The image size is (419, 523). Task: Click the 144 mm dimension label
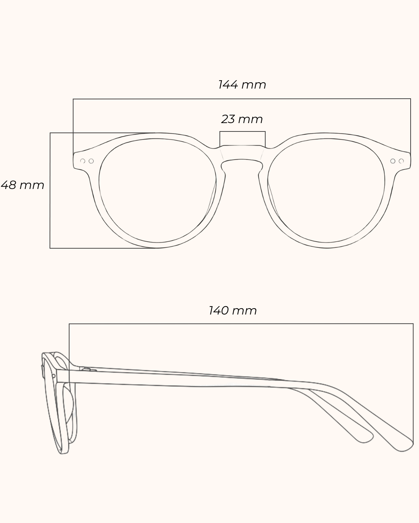242,85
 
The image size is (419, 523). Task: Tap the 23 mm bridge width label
242,119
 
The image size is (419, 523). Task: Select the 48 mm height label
22,185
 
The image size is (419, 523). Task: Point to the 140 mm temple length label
233,310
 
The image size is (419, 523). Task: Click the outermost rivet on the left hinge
83,161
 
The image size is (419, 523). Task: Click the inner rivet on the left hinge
91,161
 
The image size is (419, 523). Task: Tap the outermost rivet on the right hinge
401,161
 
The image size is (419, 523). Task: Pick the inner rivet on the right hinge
393,161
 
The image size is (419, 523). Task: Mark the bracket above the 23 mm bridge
242,132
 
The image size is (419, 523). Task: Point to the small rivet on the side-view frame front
53,376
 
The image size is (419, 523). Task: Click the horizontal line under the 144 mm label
242,99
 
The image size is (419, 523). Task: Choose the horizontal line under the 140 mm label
241,324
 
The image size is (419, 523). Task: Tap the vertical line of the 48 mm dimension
50,190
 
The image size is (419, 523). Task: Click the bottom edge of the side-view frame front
63,453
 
